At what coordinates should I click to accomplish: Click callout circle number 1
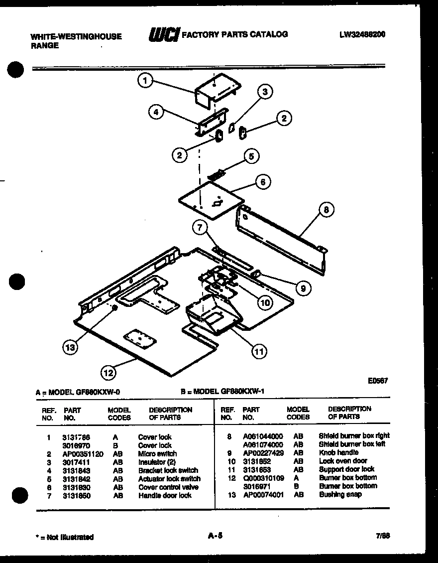[x=145, y=81]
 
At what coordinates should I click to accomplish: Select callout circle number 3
[x=265, y=91]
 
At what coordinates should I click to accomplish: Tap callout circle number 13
[x=70, y=347]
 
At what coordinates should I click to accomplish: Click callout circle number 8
[x=326, y=210]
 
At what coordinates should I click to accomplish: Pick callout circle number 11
[x=258, y=352]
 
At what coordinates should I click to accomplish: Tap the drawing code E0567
[x=378, y=381]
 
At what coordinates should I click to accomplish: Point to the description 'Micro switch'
[x=157, y=454]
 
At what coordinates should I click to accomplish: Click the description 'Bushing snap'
[x=340, y=494]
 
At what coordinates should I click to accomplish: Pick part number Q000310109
[x=263, y=478]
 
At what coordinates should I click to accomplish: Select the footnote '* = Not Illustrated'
[x=64, y=537]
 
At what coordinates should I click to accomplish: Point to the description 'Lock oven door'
[x=343, y=461]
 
